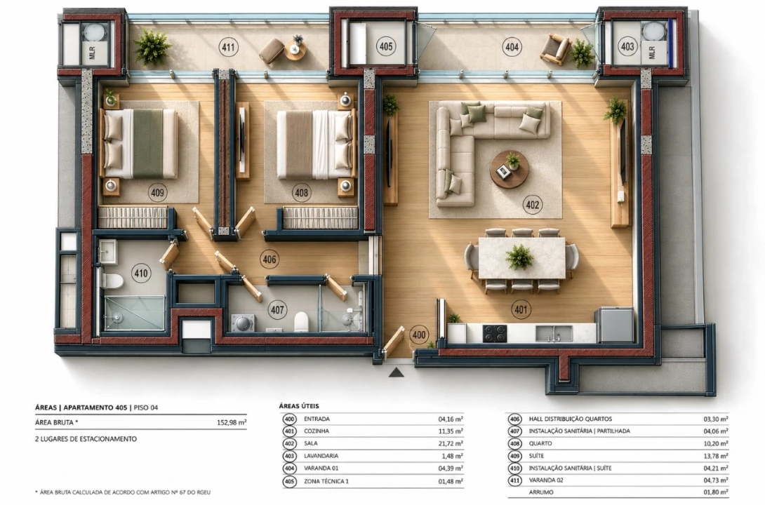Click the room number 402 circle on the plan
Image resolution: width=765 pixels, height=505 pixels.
[532, 205]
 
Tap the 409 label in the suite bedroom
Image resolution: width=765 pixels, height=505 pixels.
[157, 193]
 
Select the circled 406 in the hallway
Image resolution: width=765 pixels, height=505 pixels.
[270, 260]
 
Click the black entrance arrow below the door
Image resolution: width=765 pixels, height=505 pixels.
[396, 373]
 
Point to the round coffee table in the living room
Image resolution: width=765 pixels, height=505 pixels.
[509, 169]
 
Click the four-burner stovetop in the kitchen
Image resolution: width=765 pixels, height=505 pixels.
[495, 334]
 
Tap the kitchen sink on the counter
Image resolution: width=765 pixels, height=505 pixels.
[554, 334]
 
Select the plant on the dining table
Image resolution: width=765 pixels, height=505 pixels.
[519, 257]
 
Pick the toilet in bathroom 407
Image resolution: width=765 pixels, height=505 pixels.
[301, 322]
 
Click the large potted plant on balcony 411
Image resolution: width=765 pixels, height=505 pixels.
[152, 47]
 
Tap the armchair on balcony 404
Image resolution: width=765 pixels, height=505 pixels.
[555, 48]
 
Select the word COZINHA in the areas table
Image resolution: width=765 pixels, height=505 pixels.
[316, 431]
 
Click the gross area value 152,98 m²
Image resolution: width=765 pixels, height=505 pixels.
[232, 423]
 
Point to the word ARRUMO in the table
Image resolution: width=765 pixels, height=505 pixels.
[541, 492]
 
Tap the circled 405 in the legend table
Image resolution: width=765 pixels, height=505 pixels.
[289, 482]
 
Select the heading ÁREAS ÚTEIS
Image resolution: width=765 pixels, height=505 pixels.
[298, 405]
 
